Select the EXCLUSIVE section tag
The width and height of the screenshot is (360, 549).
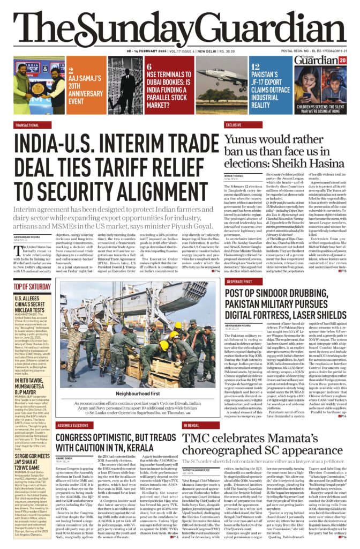[x=234, y=124]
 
